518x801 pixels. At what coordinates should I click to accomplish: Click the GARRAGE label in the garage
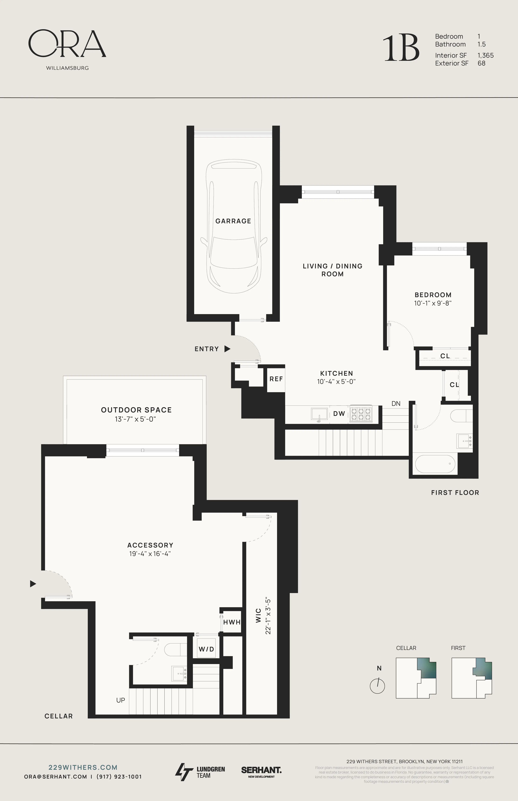click(x=233, y=221)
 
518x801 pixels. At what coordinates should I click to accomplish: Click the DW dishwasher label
click(x=339, y=414)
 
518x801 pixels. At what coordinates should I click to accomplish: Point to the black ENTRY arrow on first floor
click(x=227, y=349)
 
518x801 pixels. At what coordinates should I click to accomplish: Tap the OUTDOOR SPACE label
click(x=136, y=410)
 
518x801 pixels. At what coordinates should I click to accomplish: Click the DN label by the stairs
click(x=396, y=403)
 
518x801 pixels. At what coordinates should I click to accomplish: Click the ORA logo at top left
click(x=67, y=44)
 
